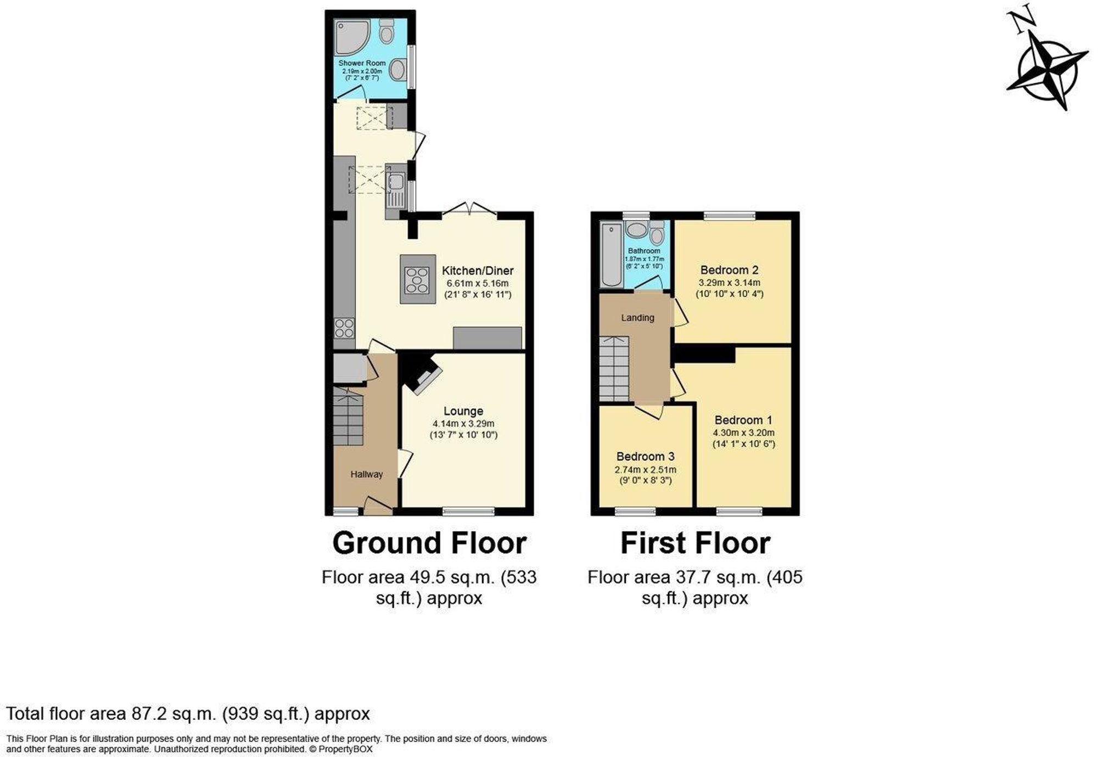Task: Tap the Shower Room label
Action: tap(362, 63)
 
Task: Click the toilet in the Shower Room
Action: tap(387, 32)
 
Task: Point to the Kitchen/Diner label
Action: tap(478, 271)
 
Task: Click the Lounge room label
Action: tap(463, 411)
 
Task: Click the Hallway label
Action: tap(366, 474)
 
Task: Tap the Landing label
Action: tap(637, 318)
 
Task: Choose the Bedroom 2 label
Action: tap(729, 270)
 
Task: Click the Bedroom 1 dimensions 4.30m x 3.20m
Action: tap(743, 433)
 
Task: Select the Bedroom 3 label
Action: tap(645, 457)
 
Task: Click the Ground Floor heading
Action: tap(429, 543)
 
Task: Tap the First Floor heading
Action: tap(695, 543)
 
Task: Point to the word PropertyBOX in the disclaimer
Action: tap(345, 749)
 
